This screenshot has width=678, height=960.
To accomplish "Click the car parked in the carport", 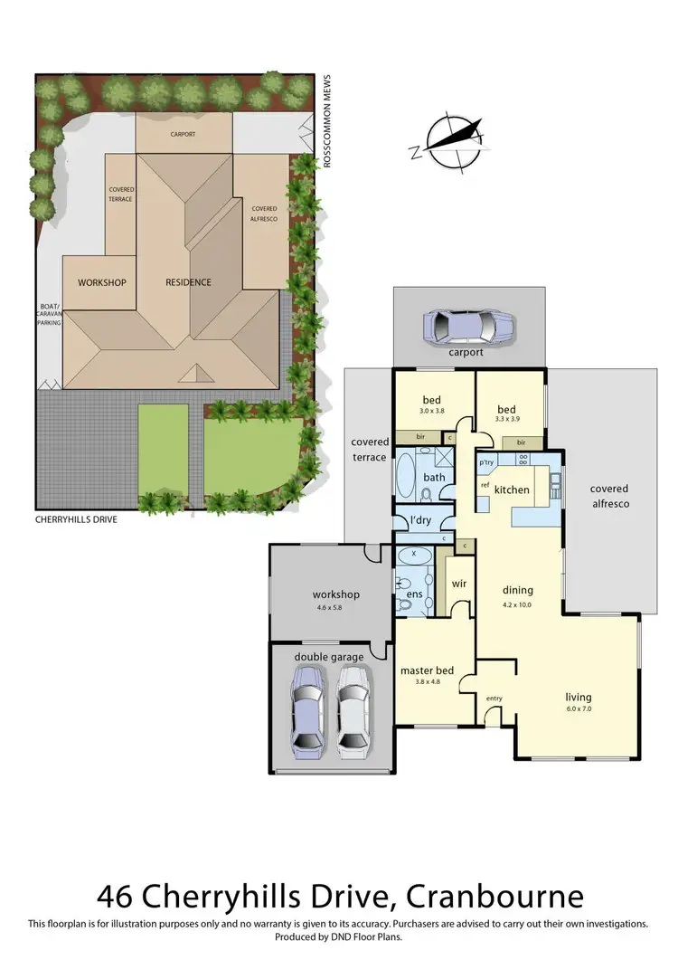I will click(x=468, y=324).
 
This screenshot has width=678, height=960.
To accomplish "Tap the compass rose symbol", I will click(x=457, y=142).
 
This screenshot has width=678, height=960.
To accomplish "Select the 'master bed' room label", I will click(x=427, y=670).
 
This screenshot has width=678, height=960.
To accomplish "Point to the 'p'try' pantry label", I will click(x=486, y=462).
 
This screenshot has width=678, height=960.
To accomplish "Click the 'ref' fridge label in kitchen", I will click(x=485, y=485).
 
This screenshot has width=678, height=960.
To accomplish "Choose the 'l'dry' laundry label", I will click(x=420, y=521).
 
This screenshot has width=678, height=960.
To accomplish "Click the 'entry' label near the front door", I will click(x=494, y=698).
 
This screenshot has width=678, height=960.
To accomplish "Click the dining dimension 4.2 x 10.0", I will click(x=517, y=604).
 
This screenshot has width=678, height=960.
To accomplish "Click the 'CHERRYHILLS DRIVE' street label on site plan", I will click(x=76, y=520).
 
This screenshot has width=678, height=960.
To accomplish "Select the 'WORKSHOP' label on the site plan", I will click(x=101, y=282).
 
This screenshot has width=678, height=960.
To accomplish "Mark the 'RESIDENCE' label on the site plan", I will click(x=188, y=282).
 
